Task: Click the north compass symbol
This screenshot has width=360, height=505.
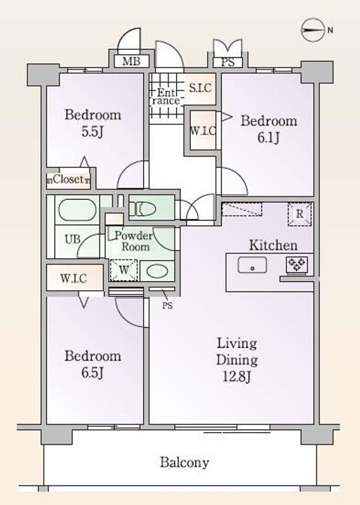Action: click(313, 31)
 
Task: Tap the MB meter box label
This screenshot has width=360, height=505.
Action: click(131, 61)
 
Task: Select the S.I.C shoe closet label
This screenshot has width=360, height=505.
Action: click(200, 88)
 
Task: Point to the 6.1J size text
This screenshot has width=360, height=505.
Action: click(268, 137)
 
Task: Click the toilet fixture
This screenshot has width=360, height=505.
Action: click(142, 209)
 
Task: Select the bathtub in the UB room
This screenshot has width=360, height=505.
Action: click(77, 210)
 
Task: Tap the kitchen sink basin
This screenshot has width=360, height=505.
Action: click(253, 265)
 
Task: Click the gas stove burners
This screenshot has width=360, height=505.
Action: click(296, 264)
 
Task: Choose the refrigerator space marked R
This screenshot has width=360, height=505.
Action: click(300, 214)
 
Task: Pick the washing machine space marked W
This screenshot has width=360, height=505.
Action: click(124, 270)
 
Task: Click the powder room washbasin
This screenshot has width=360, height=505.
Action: click(157, 271)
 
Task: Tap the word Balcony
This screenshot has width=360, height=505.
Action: click(185, 462)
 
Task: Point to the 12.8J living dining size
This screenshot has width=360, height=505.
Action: click(237, 377)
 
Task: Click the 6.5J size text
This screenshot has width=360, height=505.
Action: click(93, 372)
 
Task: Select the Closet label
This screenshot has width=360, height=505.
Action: click(68, 179)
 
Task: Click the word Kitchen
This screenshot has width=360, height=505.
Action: click(273, 245)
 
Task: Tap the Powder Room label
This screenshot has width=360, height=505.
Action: click(133, 241)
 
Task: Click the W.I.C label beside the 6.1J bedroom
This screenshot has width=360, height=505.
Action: click(203, 131)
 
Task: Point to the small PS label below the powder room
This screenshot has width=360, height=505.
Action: click(167, 305)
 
